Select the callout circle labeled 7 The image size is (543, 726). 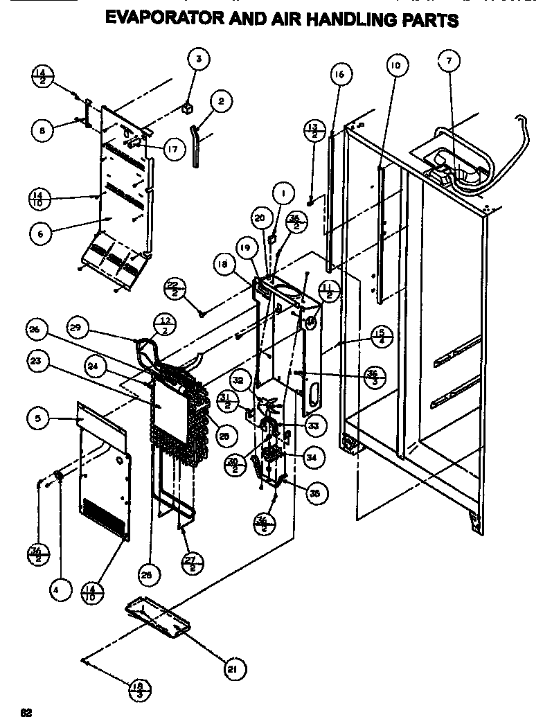point(448,61)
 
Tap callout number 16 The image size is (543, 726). point(340,74)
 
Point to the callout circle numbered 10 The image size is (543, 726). point(395,67)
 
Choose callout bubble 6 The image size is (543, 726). point(40,234)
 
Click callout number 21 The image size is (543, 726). point(233,669)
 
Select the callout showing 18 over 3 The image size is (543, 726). point(139,690)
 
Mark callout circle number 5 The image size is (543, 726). point(37,418)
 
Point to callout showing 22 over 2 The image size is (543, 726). point(174,287)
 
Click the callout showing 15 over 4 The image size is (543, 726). point(380,334)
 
